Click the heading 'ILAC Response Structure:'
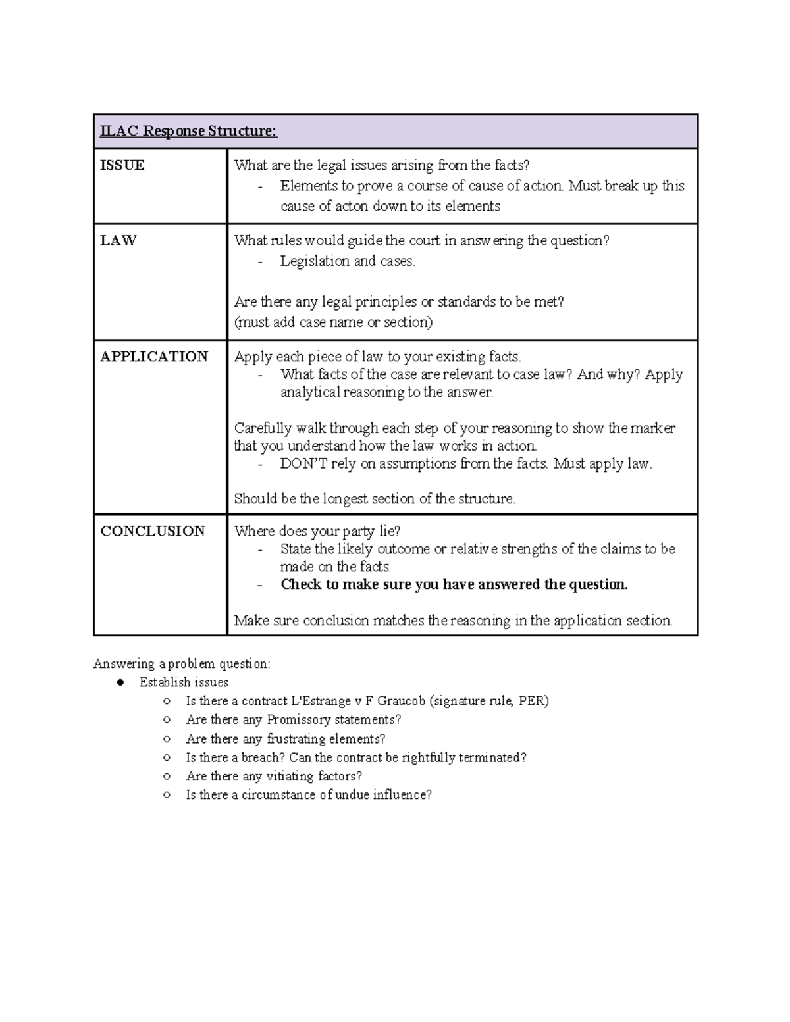(188, 131)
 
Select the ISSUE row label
(122, 165)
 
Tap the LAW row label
(118, 240)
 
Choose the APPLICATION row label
(154, 357)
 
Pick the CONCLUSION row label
(153, 531)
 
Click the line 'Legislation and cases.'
(348, 261)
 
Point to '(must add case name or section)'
(333, 322)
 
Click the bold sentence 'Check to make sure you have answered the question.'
(454, 584)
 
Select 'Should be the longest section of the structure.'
(375, 499)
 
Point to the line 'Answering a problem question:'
(182, 663)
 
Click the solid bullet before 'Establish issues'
(120, 682)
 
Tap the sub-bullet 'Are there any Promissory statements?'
(294, 719)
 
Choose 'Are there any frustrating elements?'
(286, 738)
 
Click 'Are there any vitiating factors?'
(274, 776)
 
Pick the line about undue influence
(309, 794)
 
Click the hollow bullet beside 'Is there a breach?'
(168, 757)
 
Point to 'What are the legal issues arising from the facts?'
(382, 165)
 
